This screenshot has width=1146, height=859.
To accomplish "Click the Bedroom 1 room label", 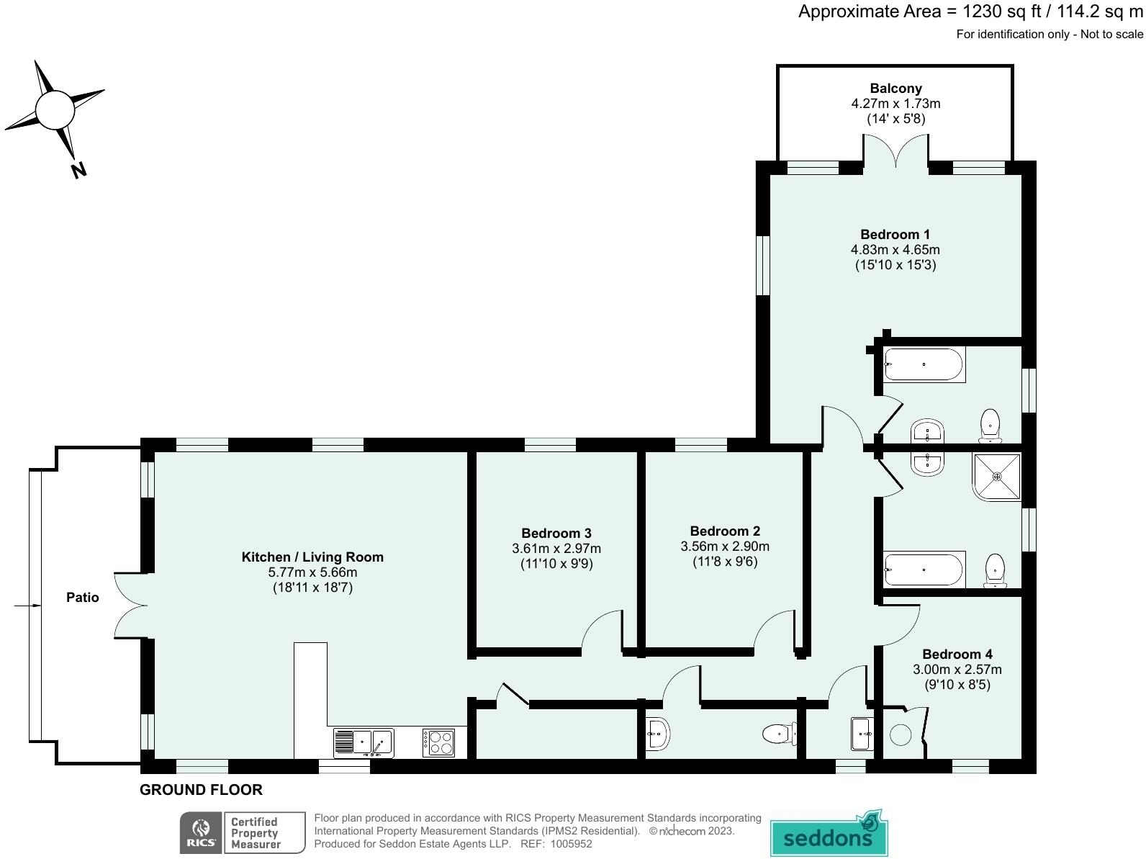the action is pos(895,235).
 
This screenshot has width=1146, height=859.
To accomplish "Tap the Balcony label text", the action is pos(895,89).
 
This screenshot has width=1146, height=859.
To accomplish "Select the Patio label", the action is pos(83,597).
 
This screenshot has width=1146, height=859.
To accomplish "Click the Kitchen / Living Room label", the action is pos(312,557).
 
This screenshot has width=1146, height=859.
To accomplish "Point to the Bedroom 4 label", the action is pos(957,654).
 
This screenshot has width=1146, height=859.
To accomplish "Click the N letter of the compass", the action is pos(78,171).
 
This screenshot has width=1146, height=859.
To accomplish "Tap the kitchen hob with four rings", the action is pos(438,742).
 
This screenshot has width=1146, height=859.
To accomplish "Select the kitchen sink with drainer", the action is pos(363,742).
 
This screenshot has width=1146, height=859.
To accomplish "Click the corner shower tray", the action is pos(996,476).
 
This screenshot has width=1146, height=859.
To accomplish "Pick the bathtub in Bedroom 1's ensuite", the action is pos(924,365).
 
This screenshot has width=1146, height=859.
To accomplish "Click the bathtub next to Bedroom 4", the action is pos(924,569).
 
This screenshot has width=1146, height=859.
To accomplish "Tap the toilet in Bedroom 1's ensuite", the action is pos(991,425).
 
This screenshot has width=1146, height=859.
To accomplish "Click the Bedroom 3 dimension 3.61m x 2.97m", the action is pos(556,549).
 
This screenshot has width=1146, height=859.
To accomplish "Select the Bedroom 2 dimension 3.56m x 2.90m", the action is pos(725,547).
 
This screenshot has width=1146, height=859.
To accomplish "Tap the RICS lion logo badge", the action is pos(201,832).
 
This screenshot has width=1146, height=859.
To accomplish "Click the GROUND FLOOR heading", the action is pos(201,790).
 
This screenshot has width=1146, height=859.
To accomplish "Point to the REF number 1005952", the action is pos(571,844).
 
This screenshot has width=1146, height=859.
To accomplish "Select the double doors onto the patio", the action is pos(130,605).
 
